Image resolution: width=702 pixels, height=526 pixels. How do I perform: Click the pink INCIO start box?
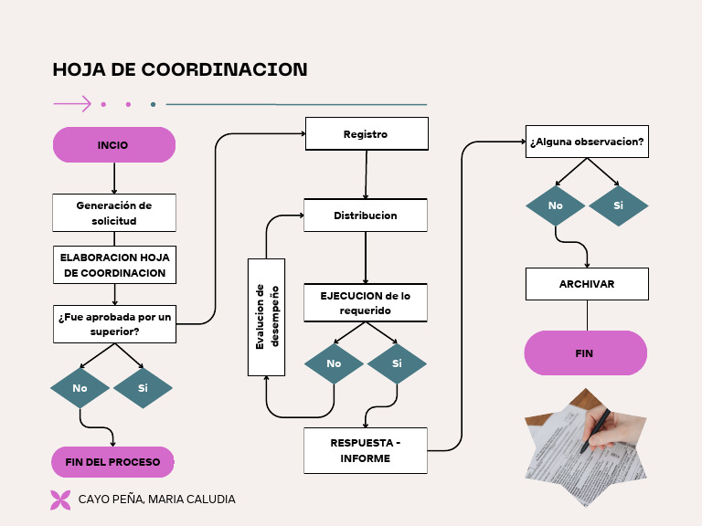[113, 145]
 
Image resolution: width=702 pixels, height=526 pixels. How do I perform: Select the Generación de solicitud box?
[114, 213]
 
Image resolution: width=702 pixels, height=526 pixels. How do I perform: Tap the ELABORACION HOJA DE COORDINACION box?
[114, 265]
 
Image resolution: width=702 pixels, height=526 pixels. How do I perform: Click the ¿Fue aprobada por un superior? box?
[114, 324]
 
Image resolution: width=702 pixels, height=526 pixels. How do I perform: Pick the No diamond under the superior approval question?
[80, 388]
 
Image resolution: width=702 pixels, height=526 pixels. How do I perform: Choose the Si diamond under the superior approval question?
[143, 388]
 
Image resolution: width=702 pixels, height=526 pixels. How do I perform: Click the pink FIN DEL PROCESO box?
[113, 462]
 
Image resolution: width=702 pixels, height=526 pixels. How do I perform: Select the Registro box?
[367, 134]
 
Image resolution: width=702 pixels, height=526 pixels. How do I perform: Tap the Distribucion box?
[366, 216]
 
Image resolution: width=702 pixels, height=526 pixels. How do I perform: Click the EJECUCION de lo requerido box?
[366, 303]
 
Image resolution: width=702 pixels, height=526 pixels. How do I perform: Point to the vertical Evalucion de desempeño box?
[266, 317]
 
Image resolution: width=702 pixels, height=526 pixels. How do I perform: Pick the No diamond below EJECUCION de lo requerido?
[334, 363]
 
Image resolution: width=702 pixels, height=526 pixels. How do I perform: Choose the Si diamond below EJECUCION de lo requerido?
[397, 363]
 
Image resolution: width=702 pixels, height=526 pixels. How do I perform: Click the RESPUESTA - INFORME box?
[366, 450]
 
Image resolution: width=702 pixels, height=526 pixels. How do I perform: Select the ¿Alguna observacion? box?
[587, 142]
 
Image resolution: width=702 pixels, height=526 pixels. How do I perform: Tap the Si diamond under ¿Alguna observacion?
[618, 205]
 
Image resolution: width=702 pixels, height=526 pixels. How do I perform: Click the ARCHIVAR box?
[587, 284]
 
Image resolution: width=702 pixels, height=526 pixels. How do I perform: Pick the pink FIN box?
[585, 353]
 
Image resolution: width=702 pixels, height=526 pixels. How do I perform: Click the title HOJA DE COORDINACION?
[180, 70]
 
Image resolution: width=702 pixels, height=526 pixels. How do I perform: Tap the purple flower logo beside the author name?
[60, 500]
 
